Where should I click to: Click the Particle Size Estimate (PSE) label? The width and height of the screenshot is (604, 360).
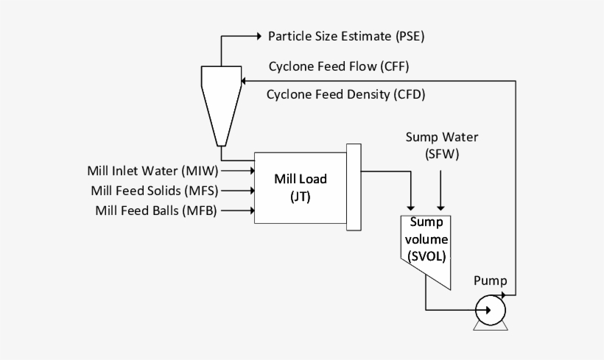coord(346,35)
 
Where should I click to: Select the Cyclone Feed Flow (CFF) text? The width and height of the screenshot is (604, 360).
coord(338,66)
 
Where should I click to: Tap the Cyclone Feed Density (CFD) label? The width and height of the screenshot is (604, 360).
coord(345,94)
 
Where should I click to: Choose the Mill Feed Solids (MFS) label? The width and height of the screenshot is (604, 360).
coord(155,190)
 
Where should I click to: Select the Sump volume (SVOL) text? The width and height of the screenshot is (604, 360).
coord(428,239)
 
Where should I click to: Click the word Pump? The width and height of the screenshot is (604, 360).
coord(490,280)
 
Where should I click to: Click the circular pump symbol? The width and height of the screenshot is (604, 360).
coord(490,310)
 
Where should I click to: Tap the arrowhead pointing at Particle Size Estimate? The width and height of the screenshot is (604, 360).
coord(257,35)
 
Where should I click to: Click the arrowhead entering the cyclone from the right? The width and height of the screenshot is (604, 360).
coord(246,80)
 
